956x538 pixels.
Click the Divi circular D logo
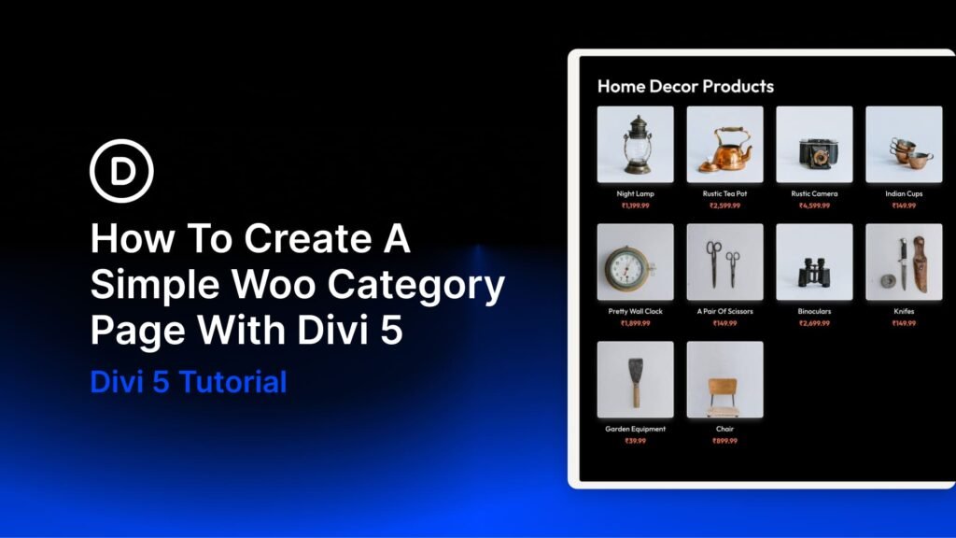point(121,171)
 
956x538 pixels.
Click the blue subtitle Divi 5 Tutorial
point(189,382)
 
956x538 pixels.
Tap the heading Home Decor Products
point(685,87)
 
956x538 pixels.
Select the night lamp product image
point(635,144)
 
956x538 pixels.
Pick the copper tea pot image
point(724,144)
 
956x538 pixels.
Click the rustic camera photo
point(814,144)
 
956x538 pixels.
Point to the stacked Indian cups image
point(904,144)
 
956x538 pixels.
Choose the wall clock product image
point(635,262)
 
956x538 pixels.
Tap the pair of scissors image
point(724,262)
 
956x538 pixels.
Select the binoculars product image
point(814,262)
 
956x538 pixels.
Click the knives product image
point(904,262)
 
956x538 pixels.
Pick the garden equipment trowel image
point(635,379)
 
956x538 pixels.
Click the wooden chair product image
point(724,379)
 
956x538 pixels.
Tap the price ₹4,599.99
point(814,205)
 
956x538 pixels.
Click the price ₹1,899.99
point(635,323)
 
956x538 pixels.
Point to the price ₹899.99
point(724,441)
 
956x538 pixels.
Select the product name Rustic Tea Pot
point(724,193)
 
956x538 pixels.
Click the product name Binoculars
point(814,311)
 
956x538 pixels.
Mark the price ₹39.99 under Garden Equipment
point(635,441)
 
